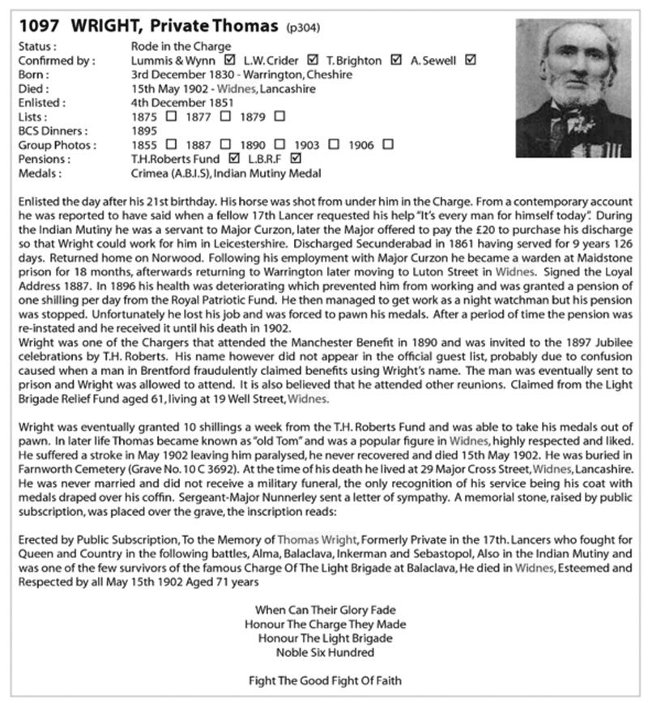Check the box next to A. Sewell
(471, 60)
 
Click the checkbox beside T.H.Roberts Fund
(234, 159)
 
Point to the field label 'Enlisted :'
(41, 102)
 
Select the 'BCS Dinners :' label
(51, 130)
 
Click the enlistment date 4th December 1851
(182, 102)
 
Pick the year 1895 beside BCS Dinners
(143, 130)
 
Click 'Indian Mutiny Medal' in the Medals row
(274, 173)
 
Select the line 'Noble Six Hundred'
(325, 651)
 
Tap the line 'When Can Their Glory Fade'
(325, 609)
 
